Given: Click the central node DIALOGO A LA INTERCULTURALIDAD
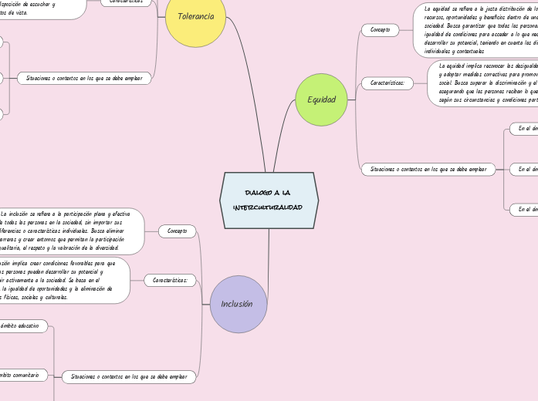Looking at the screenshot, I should [269, 200].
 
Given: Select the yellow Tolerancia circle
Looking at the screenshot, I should [195, 16].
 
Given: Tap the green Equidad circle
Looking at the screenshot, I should [321, 99].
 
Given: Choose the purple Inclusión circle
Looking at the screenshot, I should [238, 304].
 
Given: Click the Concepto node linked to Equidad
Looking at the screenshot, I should [380, 30].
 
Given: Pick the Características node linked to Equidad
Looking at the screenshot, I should [387, 83].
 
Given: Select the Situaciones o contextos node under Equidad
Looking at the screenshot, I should [428, 169].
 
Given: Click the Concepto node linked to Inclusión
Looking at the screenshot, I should [177, 231].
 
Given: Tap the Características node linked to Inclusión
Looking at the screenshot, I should [170, 280].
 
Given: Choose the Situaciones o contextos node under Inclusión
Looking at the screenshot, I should [129, 377].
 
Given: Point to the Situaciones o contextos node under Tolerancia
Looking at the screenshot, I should [84, 78].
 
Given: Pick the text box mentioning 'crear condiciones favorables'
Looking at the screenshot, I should [62, 280].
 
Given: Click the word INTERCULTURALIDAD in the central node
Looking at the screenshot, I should [269, 207].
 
